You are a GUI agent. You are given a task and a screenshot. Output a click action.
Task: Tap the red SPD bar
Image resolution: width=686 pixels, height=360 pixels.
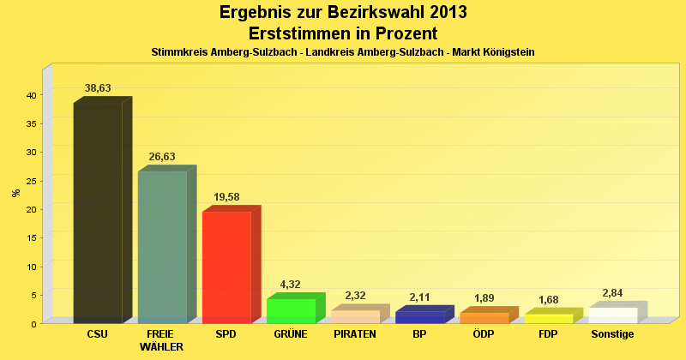226,267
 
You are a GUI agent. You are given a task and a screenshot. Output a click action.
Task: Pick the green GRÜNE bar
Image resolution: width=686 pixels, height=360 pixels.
291,310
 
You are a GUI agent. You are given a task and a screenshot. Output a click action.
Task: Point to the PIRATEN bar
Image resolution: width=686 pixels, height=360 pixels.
355,316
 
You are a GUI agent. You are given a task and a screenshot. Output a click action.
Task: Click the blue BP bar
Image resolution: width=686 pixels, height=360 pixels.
419,317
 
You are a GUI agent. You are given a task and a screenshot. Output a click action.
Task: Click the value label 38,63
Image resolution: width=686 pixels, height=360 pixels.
98,88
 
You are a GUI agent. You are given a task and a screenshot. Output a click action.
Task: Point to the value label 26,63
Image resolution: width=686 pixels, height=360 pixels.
162,157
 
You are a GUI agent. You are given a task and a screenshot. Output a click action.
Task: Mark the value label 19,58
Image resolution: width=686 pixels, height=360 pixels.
226,197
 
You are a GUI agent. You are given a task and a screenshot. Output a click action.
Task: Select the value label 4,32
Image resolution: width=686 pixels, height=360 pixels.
291,285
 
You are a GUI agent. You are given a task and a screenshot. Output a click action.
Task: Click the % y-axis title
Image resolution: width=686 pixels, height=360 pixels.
16,192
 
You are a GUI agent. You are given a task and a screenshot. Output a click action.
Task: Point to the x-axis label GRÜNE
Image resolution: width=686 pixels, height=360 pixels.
291,334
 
